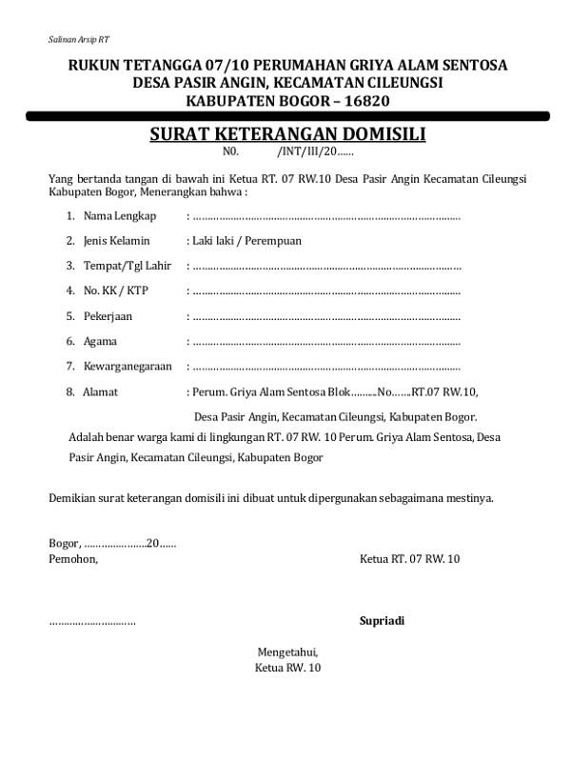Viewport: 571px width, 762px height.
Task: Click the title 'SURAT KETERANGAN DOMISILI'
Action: point(287,134)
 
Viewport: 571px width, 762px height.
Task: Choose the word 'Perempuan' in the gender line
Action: point(273,241)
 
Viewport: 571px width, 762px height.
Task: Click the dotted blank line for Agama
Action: point(325,341)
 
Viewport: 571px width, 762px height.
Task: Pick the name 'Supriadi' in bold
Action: point(382,621)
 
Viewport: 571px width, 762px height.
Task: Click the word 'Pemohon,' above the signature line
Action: point(73,558)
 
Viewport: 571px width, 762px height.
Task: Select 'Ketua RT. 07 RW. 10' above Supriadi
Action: point(409,558)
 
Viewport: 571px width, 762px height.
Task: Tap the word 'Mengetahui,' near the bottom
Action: point(287,652)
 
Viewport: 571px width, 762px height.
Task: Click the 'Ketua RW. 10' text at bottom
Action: point(287,668)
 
